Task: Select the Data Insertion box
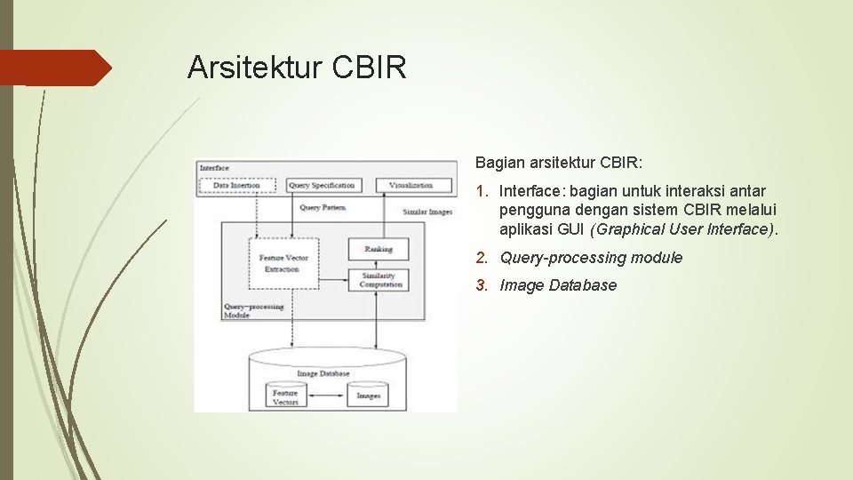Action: (x=236, y=186)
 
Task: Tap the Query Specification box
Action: (x=322, y=186)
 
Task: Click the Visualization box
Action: (x=410, y=186)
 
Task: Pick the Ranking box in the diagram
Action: (x=378, y=250)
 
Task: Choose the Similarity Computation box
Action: (x=380, y=280)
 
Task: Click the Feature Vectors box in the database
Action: (x=285, y=396)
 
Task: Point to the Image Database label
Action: (x=323, y=374)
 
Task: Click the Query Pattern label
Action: (x=322, y=208)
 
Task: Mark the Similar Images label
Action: (x=427, y=212)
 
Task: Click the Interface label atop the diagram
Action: (x=214, y=168)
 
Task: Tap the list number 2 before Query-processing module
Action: (x=481, y=258)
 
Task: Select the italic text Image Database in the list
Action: (x=558, y=285)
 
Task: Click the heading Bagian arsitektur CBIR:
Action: (x=559, y=163)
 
